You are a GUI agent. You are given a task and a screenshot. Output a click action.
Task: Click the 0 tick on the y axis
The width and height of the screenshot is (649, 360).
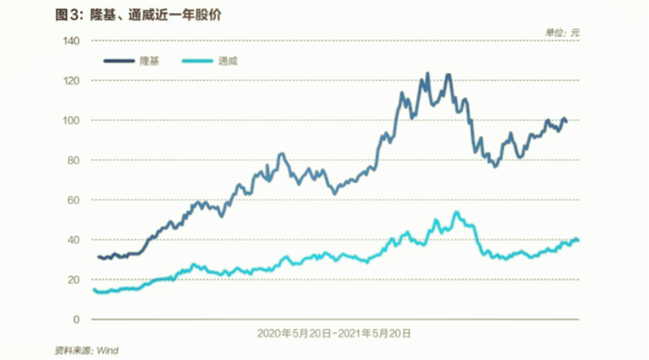click(76, 319)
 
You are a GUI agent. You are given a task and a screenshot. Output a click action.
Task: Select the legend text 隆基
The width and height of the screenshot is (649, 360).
click(149, 61)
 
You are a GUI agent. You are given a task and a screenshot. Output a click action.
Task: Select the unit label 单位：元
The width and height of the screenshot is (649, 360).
click(562, 32)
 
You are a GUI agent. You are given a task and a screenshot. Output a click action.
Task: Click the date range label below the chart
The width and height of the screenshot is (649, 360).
click(334, 334)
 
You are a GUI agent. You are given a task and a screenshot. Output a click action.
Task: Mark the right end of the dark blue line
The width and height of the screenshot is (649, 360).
click(566, 120)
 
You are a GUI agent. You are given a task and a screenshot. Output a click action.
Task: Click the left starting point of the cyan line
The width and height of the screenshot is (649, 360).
click(94, 289)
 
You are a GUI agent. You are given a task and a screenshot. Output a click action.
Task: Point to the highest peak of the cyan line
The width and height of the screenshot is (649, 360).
click(456, 212)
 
